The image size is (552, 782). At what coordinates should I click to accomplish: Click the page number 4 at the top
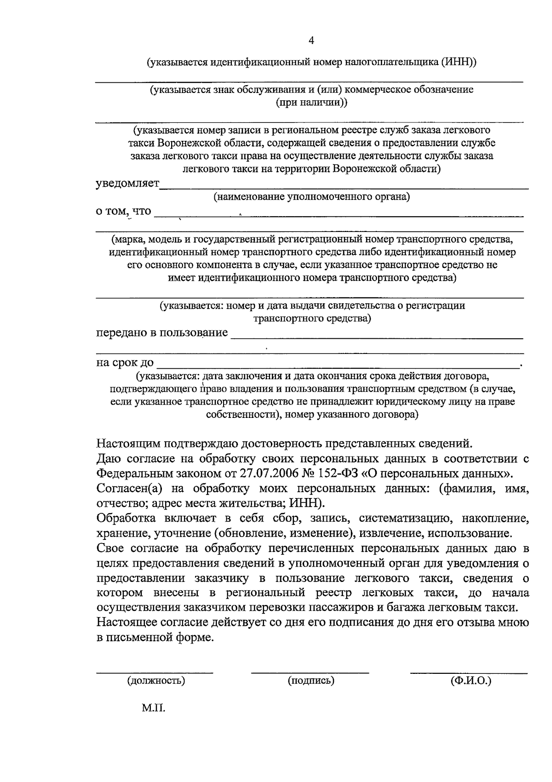(311, 41)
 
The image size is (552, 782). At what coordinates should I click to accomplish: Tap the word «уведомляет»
(127, 184)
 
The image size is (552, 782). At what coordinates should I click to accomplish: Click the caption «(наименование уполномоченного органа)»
(311, 197)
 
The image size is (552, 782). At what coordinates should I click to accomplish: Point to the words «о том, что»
(123, 211)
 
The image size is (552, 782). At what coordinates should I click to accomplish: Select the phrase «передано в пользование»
(162, 332)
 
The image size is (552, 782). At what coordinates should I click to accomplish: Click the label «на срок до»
(125, 362)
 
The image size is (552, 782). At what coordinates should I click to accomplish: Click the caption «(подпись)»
(311, 680)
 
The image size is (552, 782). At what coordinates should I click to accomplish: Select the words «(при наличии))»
(311, 103)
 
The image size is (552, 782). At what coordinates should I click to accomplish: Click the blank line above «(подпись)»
(310, 672)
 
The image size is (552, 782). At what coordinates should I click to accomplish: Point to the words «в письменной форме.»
(155, 638)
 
